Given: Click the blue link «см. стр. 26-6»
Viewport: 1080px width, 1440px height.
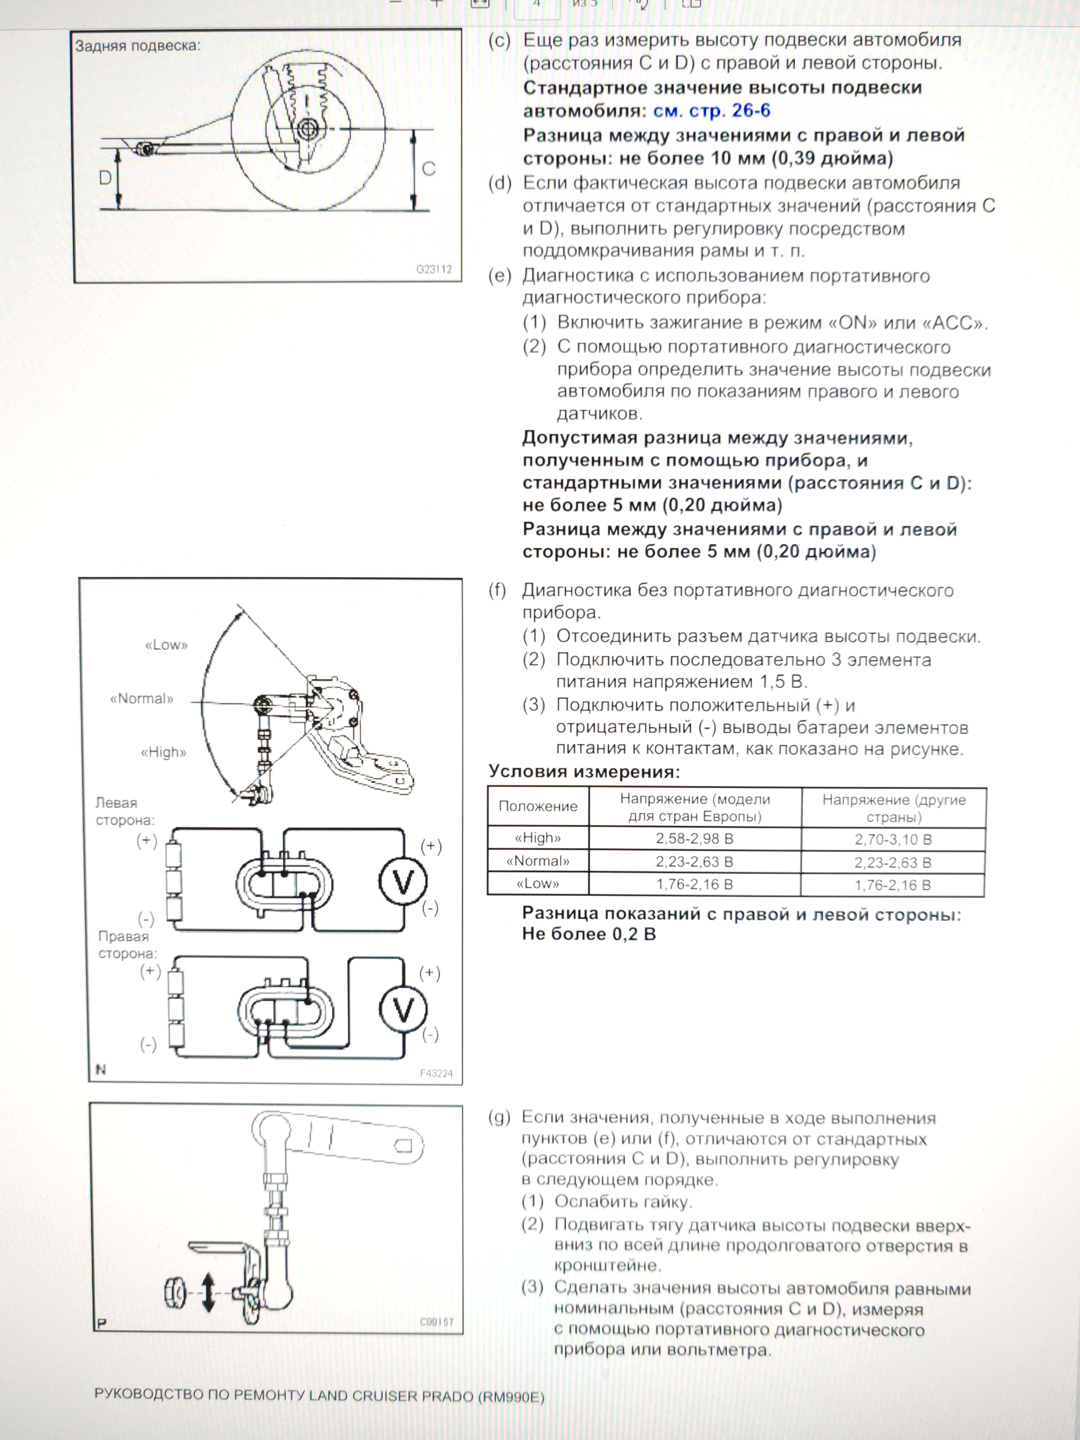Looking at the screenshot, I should pos(711,111).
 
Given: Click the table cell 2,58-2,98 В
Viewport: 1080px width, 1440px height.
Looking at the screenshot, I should pos(694,838).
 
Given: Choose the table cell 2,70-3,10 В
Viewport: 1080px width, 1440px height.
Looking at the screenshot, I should pos(893,839).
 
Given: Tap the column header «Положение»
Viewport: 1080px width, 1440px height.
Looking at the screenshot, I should pos(538,806).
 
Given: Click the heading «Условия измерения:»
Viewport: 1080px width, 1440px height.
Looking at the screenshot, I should pos(584,772).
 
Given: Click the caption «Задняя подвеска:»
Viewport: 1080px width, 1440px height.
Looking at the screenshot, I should pos(138,46).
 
